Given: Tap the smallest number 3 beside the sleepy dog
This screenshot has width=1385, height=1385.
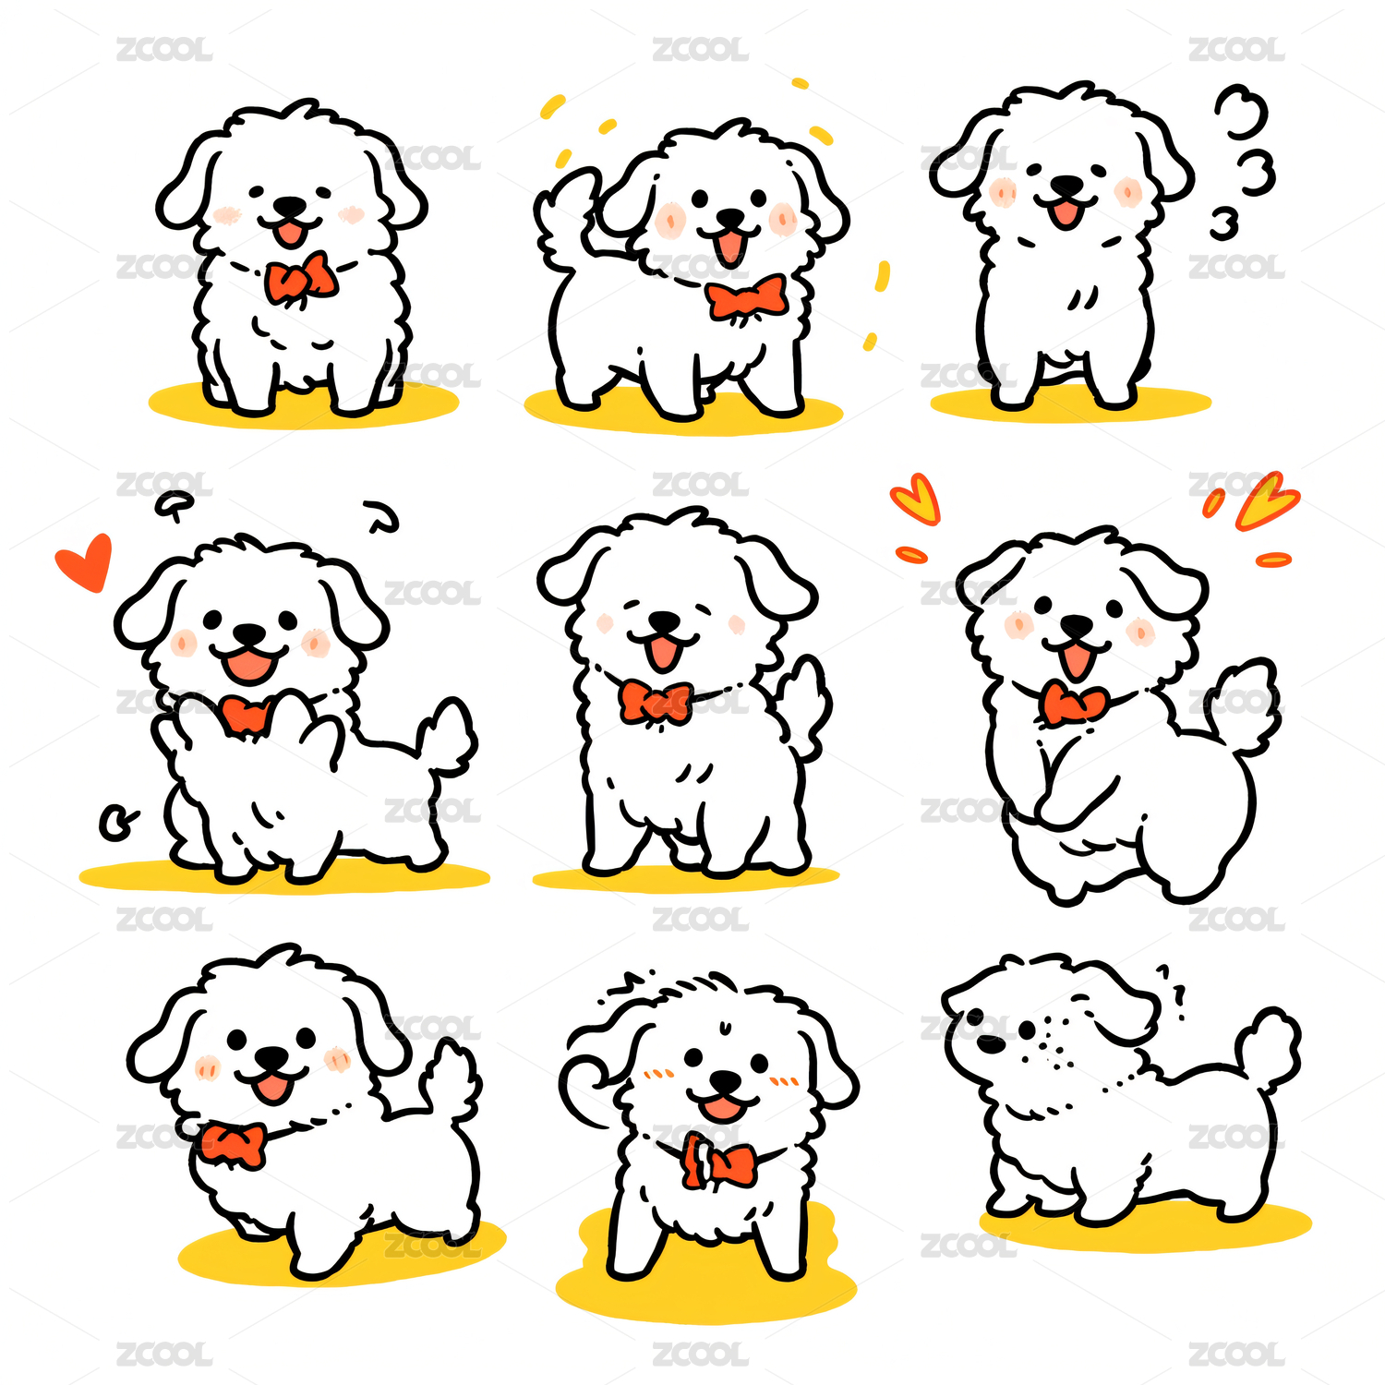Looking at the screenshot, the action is pyautogui.click(x=1224, y=224).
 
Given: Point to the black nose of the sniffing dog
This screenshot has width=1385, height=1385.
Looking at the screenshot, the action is pyautogui.click(x=990, y=1044).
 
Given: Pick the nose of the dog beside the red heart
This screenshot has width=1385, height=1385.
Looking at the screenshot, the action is pyautogui.click(x=248, y=634).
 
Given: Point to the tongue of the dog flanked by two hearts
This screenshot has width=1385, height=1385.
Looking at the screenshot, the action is pyautogui.click(x=1075, y=660).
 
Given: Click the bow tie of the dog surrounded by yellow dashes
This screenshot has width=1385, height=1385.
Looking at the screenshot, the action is pyautogui.click(x=747, y=297).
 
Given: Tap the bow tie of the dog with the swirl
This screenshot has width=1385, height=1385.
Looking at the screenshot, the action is pyautogui.click(x=719, y=1162).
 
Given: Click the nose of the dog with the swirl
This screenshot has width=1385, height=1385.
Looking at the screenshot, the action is pyautogui.click(x=726, y=1081).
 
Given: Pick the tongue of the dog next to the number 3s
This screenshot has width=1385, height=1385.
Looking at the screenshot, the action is pyautogui.click(x=1066, y=213).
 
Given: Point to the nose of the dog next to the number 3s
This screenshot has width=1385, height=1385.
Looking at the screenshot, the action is pyautogui.click(x=1068, y=186).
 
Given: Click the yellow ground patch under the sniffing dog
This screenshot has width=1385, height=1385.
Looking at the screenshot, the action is pyautogui.click(x=1145, y=1223).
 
